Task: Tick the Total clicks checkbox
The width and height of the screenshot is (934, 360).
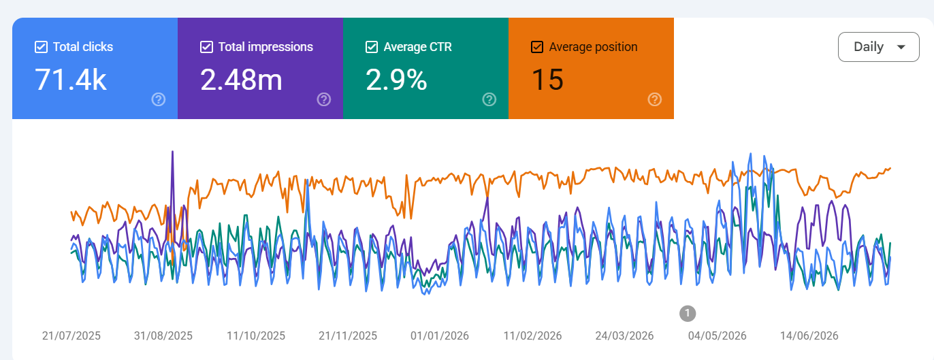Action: [x=41, y=47]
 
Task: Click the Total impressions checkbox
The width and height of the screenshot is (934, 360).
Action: [x=206, y=47]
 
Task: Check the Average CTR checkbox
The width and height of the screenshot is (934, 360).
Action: [x=372, y=47]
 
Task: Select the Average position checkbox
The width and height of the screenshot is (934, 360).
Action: [x=537, y=47]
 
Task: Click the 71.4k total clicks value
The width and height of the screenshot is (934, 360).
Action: [x=71, y=80]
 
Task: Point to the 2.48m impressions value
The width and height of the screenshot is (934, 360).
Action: [x=241, y=80]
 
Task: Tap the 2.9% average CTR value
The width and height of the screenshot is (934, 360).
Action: [x=396, y=80]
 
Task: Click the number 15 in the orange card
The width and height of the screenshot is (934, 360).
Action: [x=547, y=80]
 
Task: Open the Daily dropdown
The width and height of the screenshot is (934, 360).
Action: [x=879, y=47]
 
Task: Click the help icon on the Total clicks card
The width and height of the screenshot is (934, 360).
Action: [x=159, y=99]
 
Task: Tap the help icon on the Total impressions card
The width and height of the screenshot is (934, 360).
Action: [x=324, y=99]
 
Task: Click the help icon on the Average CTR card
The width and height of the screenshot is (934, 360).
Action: [x=489, y=99]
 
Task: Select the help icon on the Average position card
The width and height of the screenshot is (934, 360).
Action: [x=655, y=99]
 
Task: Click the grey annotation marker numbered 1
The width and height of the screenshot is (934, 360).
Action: [x=688, y=313]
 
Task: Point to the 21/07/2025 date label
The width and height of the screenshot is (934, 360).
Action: [x=71, y=336]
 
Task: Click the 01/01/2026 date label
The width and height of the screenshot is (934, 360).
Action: [x=440, y=336]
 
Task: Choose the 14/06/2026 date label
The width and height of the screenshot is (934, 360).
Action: [x=809, y=336]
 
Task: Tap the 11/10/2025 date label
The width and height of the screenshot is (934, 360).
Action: [x=255, y=336]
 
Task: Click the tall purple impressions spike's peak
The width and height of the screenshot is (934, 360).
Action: [x=173, y=152]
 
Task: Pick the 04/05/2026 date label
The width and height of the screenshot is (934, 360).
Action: [x=718, y=336]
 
